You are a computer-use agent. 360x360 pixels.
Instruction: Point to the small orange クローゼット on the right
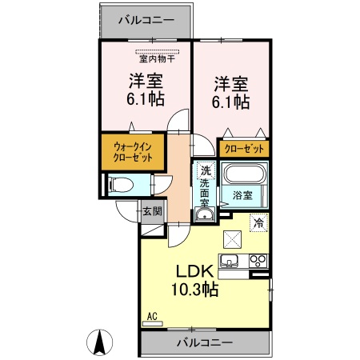pyautogui.click(x=243, y=149)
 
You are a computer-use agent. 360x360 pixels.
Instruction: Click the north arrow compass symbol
pyautogui.click(x=100, y=342)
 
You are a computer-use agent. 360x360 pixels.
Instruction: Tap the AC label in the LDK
pyautogui.click(x=151, y=318)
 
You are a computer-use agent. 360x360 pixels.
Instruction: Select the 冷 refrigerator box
pyautogui.click(x=259, y=222)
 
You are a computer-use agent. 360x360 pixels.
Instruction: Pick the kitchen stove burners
pyautogui.click(x=258, y=261)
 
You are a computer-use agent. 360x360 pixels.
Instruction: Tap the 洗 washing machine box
pyautogui.click(x=205, y=170)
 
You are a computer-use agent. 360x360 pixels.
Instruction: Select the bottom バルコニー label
pyautogui.click(x=205, y=342)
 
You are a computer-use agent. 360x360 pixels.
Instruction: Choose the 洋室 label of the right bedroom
pyautogui.click(x=230, y=83)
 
